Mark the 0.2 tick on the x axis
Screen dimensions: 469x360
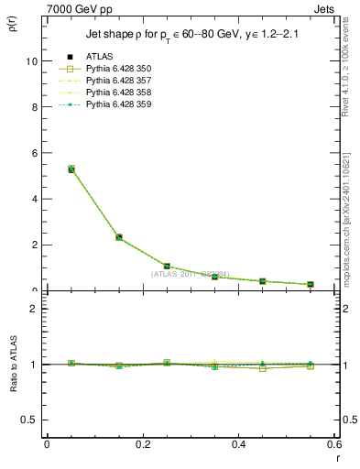[x=142, y=444]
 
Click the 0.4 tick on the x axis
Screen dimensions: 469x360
[x=238, y=444]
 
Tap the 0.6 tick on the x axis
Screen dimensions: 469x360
[x=333, y=444]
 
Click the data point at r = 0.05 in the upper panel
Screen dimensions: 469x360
[x=71, y=169]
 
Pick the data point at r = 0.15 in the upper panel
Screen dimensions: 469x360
[x=119, y=237]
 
